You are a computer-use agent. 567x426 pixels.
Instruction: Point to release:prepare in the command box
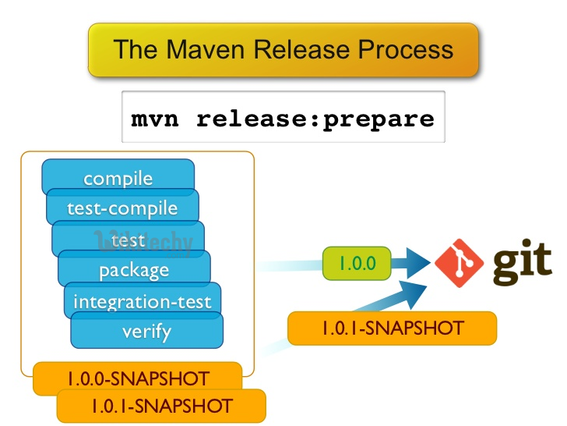315,119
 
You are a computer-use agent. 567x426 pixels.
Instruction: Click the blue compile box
118,177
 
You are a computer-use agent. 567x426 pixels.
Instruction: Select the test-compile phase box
122,208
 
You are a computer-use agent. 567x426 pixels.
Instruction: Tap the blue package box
134,271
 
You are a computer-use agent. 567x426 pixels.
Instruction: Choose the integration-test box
142,300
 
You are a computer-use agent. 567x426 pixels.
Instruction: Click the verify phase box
146,332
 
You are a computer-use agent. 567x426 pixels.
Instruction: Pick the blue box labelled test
129,240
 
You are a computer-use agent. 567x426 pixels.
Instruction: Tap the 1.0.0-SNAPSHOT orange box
137,379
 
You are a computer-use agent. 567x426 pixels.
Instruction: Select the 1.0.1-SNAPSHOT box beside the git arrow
392,328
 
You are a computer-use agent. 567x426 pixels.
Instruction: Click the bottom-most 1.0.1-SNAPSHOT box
160,406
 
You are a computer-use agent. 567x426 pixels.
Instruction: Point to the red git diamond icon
459,263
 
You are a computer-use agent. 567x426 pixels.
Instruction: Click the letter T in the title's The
121,50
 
